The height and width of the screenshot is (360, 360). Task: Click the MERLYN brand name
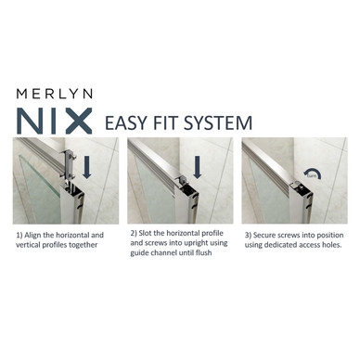click(55, 94)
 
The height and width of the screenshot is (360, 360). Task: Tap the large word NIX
click(55, 121)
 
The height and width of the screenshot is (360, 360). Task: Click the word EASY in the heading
click(125, 122)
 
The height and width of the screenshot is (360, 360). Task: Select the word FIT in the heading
click(165, 122)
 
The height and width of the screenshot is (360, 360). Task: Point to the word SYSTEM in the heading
click(218, 122)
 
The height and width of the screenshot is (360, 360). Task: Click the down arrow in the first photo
click(87, 167)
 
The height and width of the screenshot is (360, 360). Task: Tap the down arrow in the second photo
click(197, 167)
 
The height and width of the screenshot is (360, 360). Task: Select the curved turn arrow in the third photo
click(313, 174)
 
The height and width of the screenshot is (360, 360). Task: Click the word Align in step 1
click(32, 235)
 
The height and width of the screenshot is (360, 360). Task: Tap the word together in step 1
click(84, 245)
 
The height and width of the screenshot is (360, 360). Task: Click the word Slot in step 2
click(146, 233)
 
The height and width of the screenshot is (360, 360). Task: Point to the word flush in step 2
click(204, 252)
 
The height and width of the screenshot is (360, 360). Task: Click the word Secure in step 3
click(264, 235)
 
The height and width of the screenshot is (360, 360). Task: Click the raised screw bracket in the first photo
click(70, 164)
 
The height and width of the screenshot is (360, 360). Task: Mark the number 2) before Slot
click(134, 234)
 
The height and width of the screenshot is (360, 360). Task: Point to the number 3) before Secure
click(249, 236)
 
